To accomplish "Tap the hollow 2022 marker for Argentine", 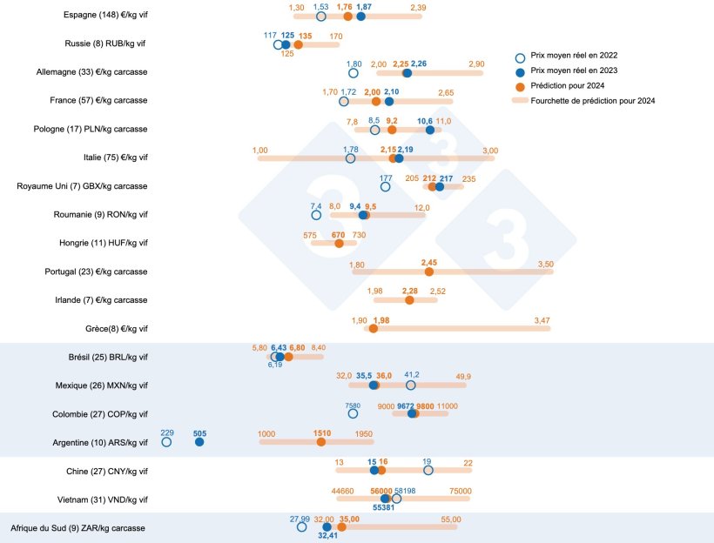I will (166, 442).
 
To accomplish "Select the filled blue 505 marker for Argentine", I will (199, 442).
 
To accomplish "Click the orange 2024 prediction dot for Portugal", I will (428, 271).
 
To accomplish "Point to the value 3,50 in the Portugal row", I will (546, 264).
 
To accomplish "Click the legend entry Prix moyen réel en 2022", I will (585, 56).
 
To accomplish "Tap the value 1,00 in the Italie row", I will (260, 151).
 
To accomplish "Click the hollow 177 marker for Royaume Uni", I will (386, 186).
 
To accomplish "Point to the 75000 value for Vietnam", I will (460, 491).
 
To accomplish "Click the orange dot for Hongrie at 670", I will (339, 244).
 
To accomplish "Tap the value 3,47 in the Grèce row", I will (542, 321).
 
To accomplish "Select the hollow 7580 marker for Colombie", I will (353, 414).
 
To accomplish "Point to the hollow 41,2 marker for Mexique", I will (411, 385).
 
